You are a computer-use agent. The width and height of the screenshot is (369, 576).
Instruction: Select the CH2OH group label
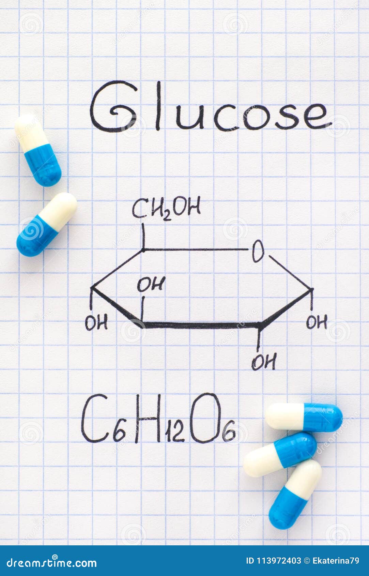point(166,208)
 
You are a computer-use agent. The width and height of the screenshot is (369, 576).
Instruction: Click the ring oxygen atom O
point(258,251)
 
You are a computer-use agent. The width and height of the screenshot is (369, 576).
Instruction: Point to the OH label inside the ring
point(151,284)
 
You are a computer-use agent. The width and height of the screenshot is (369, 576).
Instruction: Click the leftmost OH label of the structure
point(96,322)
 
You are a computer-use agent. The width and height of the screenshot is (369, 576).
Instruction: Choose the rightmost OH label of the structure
point(317,322)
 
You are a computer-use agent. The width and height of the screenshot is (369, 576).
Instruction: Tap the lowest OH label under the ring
point(264,362)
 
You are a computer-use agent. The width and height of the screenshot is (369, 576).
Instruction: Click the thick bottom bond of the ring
point(201,325)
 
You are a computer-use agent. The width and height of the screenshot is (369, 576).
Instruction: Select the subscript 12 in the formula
point(175,435)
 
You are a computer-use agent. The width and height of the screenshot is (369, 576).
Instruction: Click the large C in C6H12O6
point(94,419)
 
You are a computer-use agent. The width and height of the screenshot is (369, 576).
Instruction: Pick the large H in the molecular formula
point(148,419)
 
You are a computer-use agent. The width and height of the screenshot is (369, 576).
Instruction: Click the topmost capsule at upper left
point(38,150)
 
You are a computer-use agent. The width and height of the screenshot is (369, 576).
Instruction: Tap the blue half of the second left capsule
point(35,237)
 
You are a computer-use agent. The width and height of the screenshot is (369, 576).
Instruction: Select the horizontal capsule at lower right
point(304,417)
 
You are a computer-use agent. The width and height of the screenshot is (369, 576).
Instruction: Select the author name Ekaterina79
point(335,561)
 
